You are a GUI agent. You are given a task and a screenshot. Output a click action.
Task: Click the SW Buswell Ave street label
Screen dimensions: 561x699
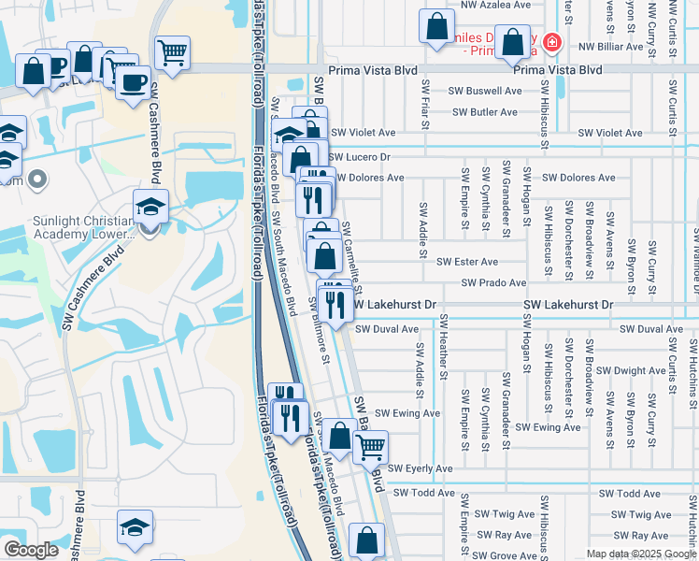click(484, 91)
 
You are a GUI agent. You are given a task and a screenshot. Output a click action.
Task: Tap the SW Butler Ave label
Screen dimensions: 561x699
click(484, 112)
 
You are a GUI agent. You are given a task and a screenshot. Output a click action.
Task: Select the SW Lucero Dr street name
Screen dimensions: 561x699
click(359, 157)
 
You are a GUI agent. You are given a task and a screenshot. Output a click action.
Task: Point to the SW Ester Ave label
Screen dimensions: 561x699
click(467, 262)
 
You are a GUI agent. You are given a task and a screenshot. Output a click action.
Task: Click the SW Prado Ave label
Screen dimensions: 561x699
click(493, 282)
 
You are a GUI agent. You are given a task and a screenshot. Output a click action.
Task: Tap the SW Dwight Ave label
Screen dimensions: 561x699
click(631, 370)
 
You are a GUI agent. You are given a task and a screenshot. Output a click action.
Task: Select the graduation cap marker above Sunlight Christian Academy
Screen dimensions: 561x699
click(150, 207)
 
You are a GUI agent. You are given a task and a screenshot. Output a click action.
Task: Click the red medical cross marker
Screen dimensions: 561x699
click(552, 43)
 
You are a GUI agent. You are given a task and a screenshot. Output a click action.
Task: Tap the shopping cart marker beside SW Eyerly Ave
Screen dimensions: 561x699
click(371, 448)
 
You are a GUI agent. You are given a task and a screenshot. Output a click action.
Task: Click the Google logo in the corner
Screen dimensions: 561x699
click(31, 550)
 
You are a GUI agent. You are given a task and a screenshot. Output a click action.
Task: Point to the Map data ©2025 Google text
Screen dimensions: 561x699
click(640, 554)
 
